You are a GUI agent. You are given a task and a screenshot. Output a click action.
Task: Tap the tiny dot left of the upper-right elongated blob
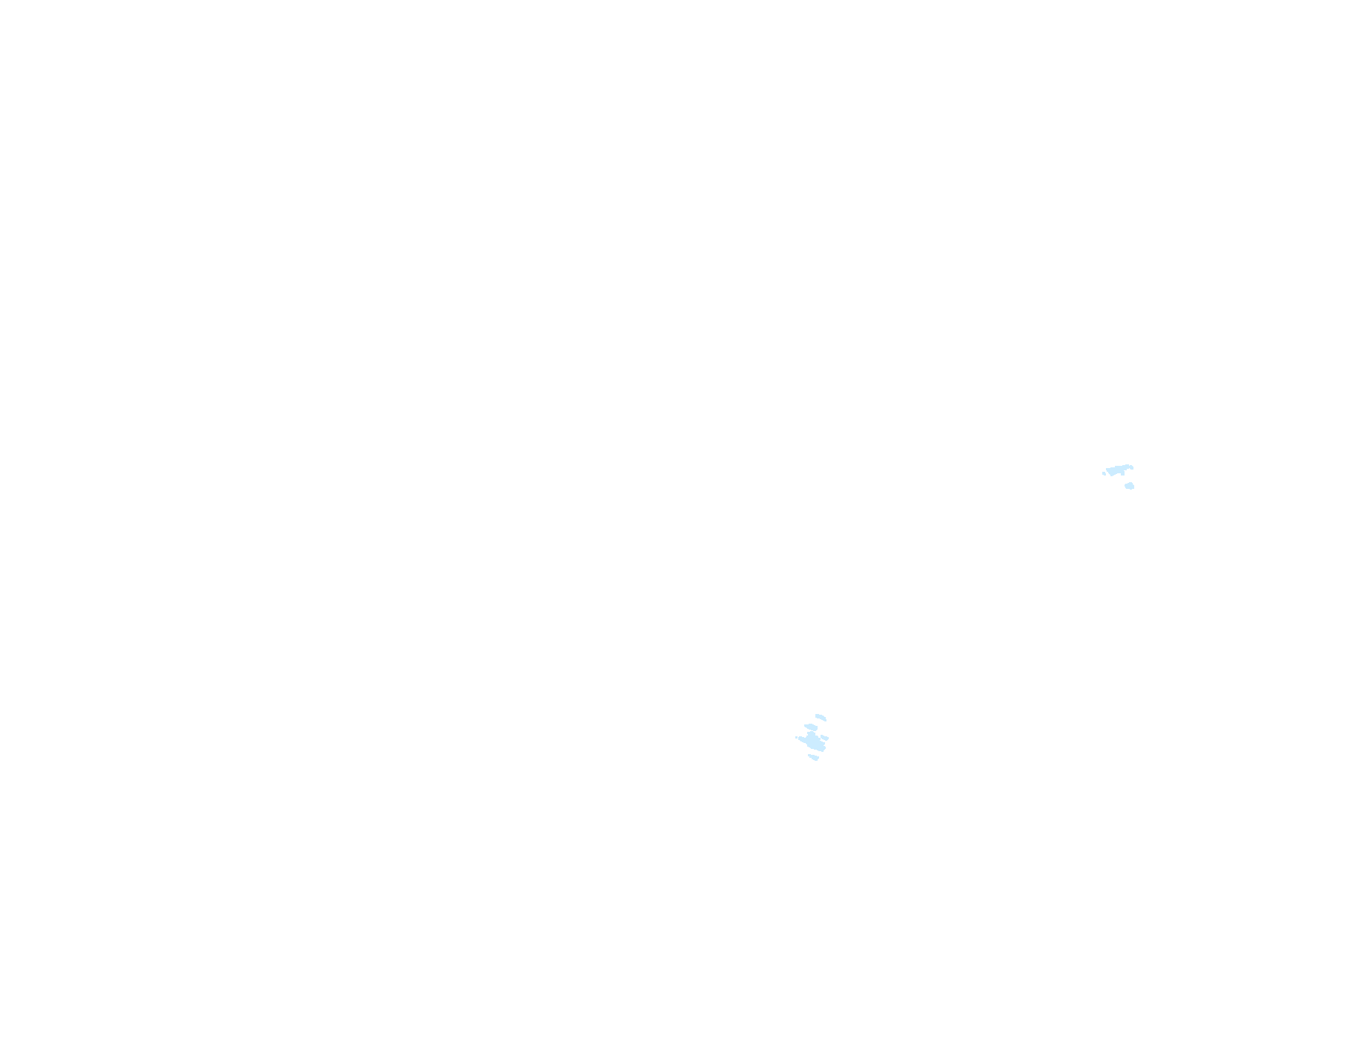tap(1104, 473)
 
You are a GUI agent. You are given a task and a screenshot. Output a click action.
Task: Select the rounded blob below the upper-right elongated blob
tap(1129, 486)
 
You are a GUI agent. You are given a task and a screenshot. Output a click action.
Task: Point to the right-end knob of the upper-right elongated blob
tap(1132, 467)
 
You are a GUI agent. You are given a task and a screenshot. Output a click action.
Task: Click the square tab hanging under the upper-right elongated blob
tap(1123, 474)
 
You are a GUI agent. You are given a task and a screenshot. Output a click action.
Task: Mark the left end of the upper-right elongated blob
tap(1107, 470)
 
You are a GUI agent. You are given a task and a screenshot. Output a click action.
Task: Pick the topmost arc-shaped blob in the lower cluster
tap(821, 717)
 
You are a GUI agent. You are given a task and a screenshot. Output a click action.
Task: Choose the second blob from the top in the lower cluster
tap(811, 727)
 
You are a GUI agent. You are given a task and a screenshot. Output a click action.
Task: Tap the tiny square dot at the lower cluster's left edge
tap(796, 737)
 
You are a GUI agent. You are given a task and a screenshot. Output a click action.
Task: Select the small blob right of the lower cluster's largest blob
tap(824, 738)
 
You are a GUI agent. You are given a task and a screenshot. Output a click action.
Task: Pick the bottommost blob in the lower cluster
tap(814, 757)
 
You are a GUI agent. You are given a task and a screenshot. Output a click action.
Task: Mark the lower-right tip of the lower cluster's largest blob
tap(823, 751)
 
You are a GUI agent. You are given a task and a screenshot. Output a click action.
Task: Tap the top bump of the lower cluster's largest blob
tap(812, 733)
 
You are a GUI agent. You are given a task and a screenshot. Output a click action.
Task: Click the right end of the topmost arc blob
tap(825, 720)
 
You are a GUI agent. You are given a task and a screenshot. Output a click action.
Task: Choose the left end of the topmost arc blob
tap(817, 715)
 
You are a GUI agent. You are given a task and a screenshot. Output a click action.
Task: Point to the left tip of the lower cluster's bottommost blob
tap(809, 755)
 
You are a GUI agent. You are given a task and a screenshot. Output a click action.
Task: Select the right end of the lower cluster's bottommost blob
tap(818, 757)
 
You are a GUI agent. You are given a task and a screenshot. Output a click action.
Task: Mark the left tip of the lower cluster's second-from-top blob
tap(805, 725)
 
